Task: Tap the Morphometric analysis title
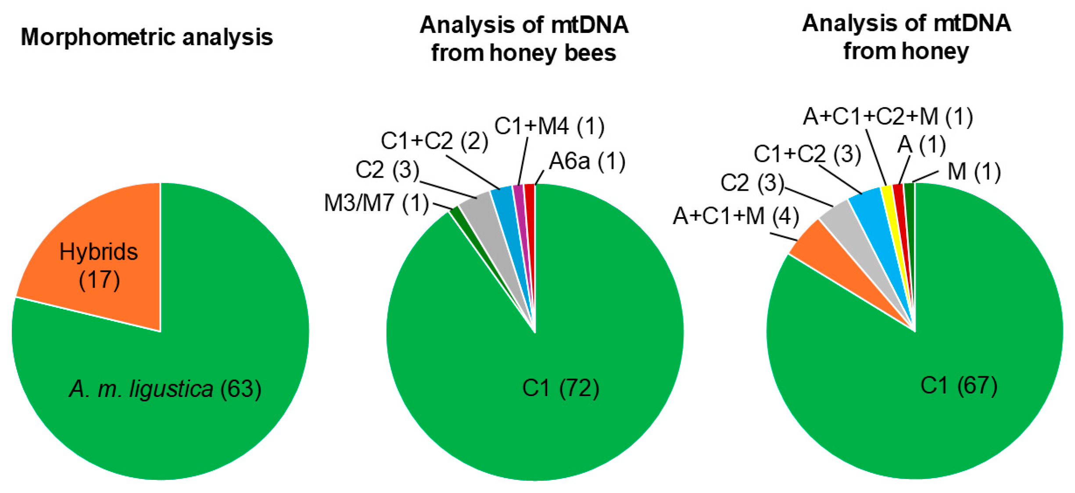pyautogui.click(x=147, y=37)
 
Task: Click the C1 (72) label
pyautogui.click(x=560, y=388)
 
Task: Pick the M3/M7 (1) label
pyautogui.click(x=376, y=203)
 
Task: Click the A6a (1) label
pyautogui.click(x=587, y=161)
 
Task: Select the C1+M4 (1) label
pyautogui.click(x=549, y=126)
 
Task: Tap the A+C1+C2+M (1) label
pyautogui.click(x=888, y=117)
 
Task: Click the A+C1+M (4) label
pyautogui.click(x=736, y=216)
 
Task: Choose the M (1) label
pyautogui.click(x=974, y=171)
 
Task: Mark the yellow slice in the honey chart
pyautogui.click(x=889, y=206)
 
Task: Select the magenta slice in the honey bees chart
pyautogui.click(x=520, y=206)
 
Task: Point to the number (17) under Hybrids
pyautogui.click(x=99, y=280)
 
